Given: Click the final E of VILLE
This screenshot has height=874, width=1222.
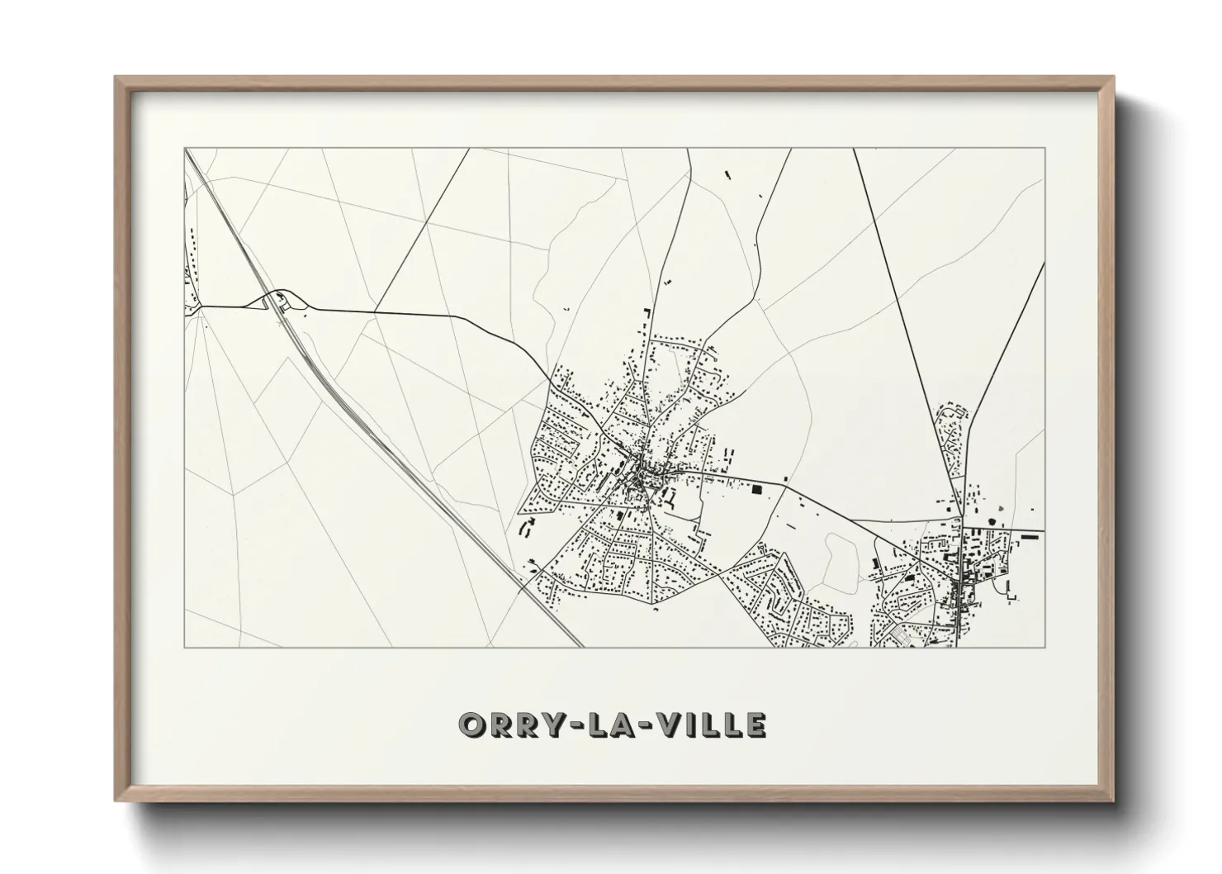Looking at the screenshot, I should coord(755,724).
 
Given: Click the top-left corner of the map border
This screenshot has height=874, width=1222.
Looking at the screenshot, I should coord(185,149).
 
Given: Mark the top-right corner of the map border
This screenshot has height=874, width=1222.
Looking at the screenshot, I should coord(1044,149).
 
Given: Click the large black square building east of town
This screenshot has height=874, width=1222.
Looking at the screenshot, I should coord(756,490).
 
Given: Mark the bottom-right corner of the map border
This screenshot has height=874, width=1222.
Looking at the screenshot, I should coord(1044,647).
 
